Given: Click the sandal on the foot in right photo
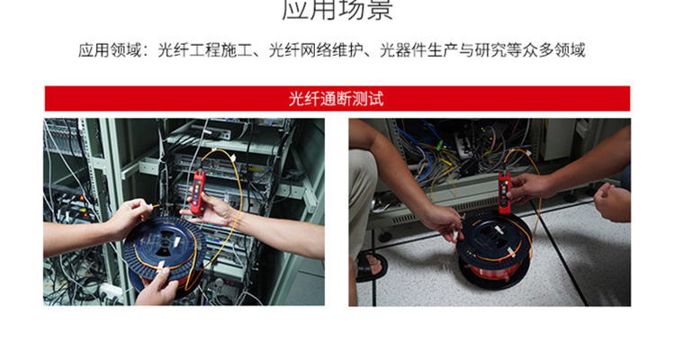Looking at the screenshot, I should pyautogui.click(x=368, y=266).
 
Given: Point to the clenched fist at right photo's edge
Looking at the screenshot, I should pyautogui.click(x=612, y=202).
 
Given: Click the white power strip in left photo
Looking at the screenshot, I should pyautogui.click(x=108, y=290).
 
